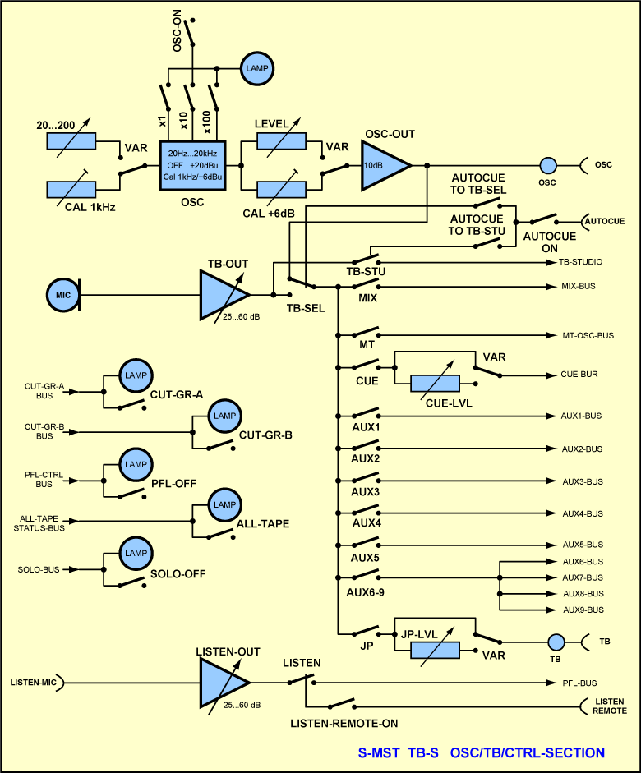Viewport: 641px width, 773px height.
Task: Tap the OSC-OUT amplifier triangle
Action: (x=383, y=165)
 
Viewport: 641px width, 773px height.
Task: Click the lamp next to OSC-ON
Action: (x=257, y=67)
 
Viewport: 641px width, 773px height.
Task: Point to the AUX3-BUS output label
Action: (x=583, y=481)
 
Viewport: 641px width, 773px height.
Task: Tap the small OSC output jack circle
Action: (x=549, y=165)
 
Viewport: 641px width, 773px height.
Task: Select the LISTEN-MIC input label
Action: (x=33, y=683)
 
